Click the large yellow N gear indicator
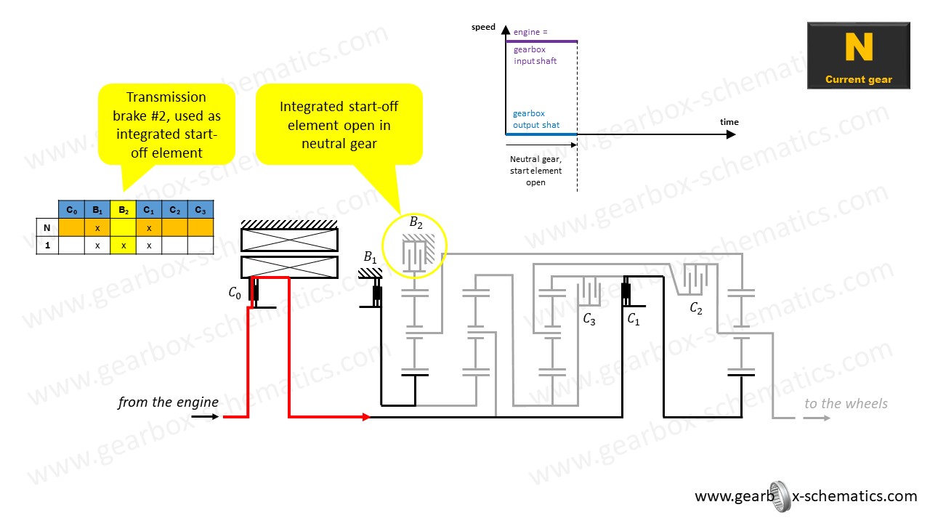858,47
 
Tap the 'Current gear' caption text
858,80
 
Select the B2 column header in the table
124,210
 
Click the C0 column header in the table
71,210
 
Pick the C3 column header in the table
200,210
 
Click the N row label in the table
47,227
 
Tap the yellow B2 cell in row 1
124,245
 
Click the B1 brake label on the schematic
371,257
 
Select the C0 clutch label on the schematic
234,293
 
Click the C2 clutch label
695,308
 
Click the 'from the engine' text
168,402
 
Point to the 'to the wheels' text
846,404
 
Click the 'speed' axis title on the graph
483,28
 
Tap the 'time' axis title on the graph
729,122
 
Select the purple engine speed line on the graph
541,41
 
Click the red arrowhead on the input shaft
366,417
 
